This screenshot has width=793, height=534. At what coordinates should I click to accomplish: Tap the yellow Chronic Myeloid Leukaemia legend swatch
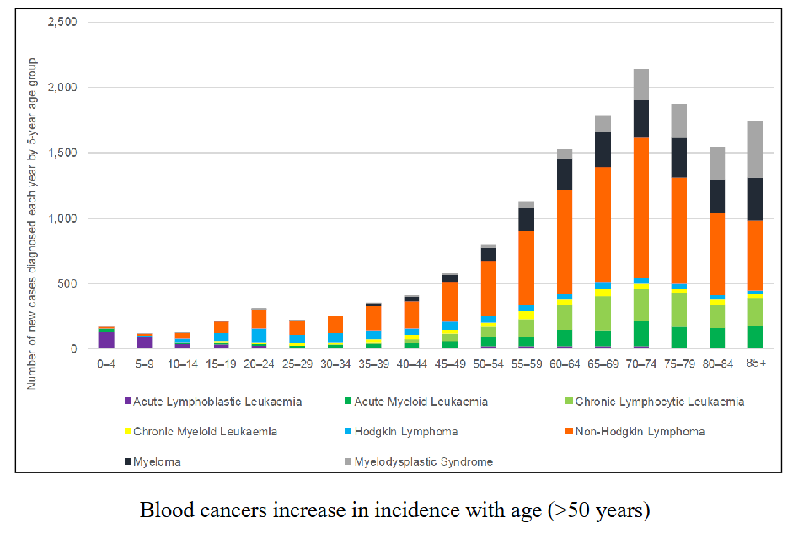pyautogui.click(x=127, y=432)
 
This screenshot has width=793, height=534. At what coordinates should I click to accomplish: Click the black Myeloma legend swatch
pyautogui.click(x=127, y=461)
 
